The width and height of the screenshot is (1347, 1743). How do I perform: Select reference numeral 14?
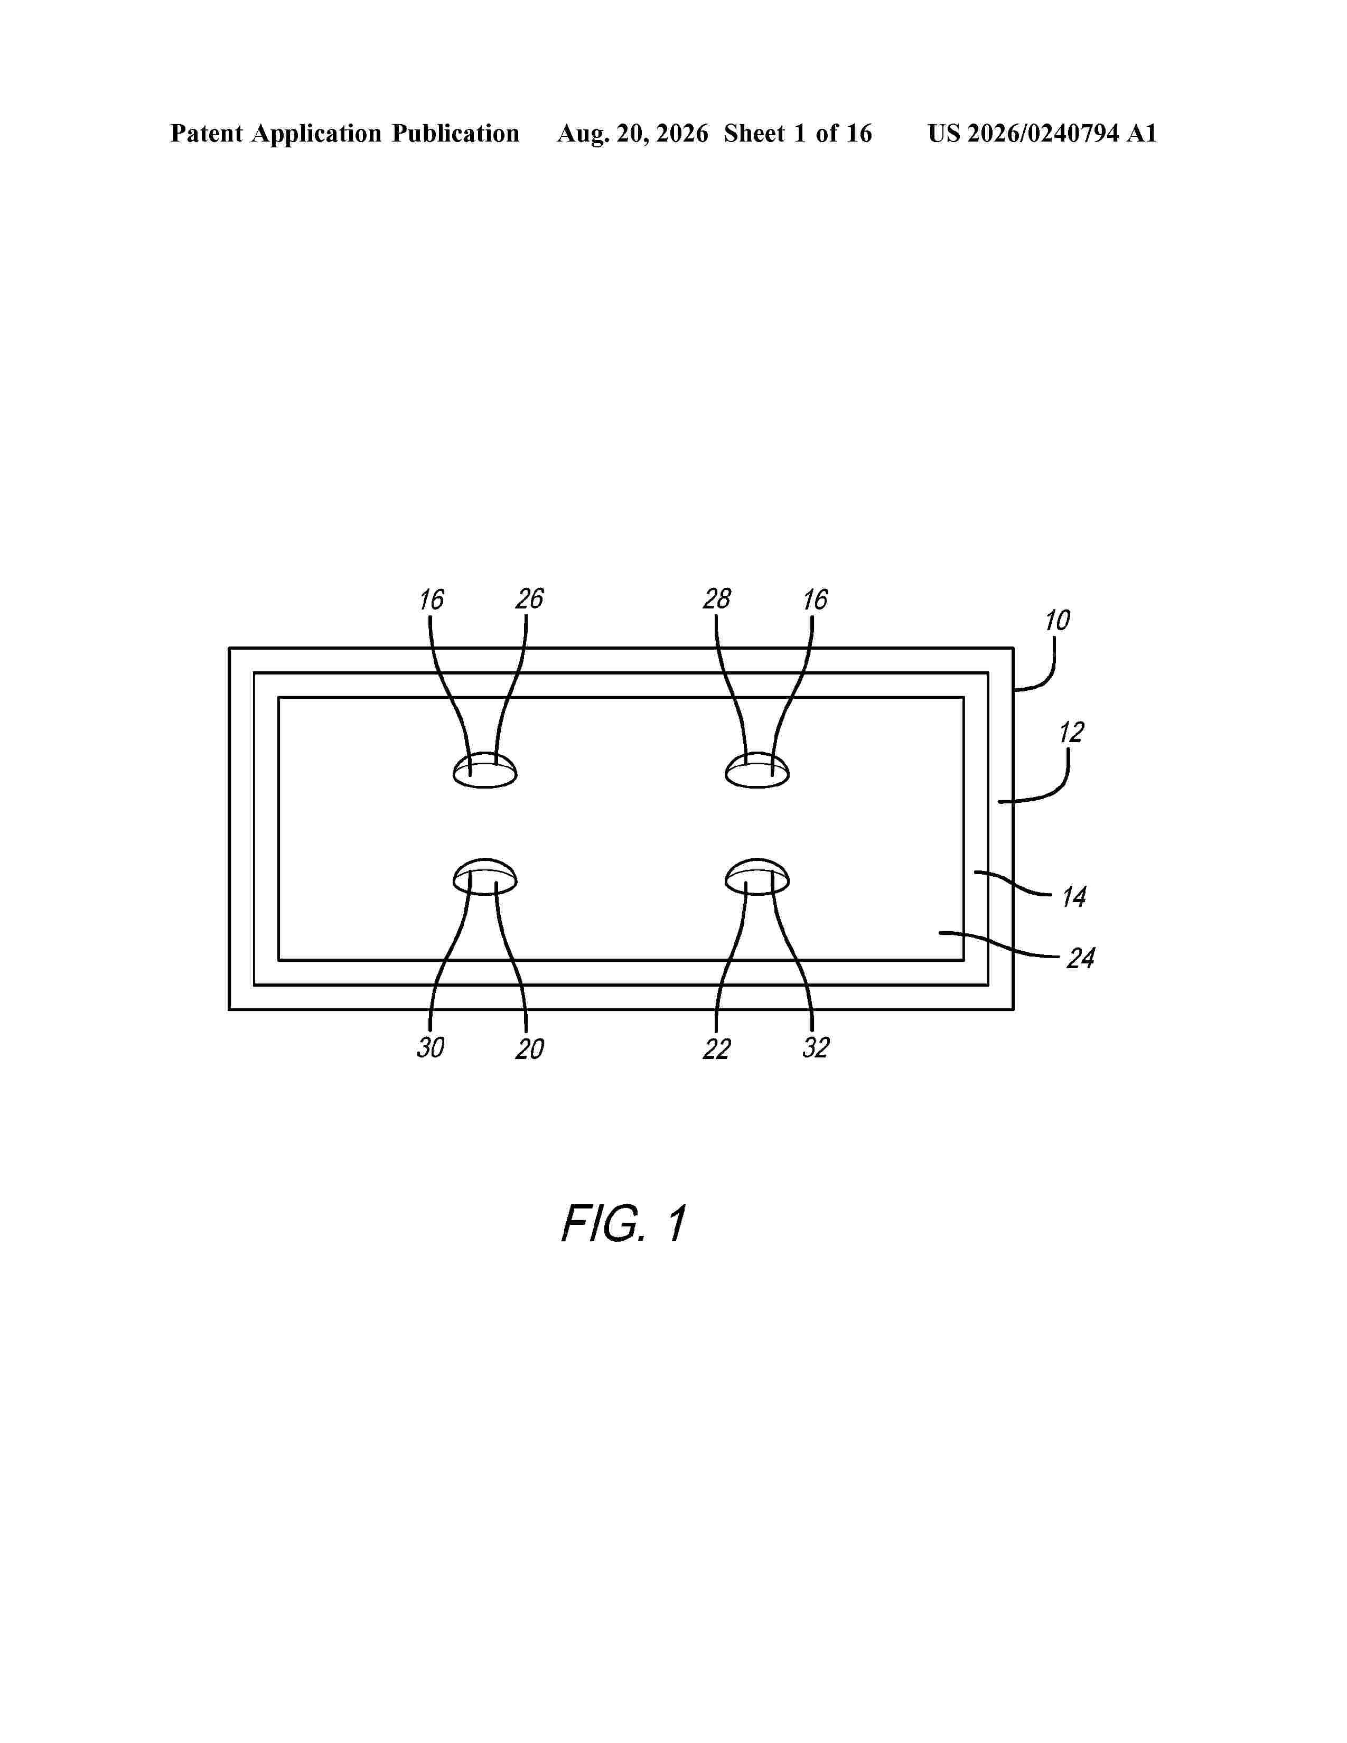(1073, 897)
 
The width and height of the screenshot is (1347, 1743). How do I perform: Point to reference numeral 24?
(1080, 958)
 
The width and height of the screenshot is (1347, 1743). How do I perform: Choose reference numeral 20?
(529, 1048)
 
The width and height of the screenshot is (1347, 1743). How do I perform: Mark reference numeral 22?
(717, 1048)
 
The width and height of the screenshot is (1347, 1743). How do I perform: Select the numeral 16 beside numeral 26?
(431, 600)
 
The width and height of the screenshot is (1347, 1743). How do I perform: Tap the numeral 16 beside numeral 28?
(815, 600)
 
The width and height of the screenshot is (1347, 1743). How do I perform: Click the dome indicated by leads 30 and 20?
(485, 877)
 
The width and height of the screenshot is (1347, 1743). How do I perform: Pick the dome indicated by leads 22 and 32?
(757, 877)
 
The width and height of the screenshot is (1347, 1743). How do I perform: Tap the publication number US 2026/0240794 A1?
(1042, 133)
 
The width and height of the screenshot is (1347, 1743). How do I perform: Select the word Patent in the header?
(207, 133)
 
